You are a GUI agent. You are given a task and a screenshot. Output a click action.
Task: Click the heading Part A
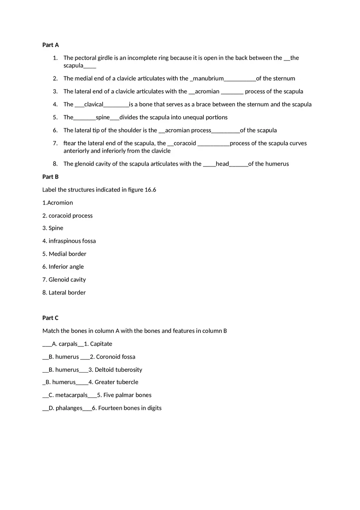pyautogui.click(x=50, y=45)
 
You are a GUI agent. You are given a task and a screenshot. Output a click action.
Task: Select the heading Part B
pyautogui.click(x=50, y=177)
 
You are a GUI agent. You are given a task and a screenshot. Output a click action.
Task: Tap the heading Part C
pyautogui.click(x=50, y=318)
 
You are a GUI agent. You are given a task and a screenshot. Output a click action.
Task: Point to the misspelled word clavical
pyautogui.click(x=94, y=104)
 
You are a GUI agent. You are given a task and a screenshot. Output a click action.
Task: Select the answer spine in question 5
pyautogui.click(x=103, y=117)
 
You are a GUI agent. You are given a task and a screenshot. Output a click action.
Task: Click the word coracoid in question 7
pyautogui.click(x=185, y=143)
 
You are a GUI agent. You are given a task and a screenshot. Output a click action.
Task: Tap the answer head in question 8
pyautogui.click(x=222, y=164)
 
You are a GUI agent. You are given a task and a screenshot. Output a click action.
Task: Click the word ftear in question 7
pyautogui.click(x=70, y=143)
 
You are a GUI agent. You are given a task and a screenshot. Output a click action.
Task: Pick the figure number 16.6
pyautogui.click(x=150, y=190)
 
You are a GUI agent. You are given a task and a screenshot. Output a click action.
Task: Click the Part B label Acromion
pyautogui.click(x=60, y=202)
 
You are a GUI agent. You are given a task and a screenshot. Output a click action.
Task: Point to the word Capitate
pyautogui.click(x=101, y=344)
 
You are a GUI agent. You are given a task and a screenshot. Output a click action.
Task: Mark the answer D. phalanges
pyautogui.click(x=65, y=408)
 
